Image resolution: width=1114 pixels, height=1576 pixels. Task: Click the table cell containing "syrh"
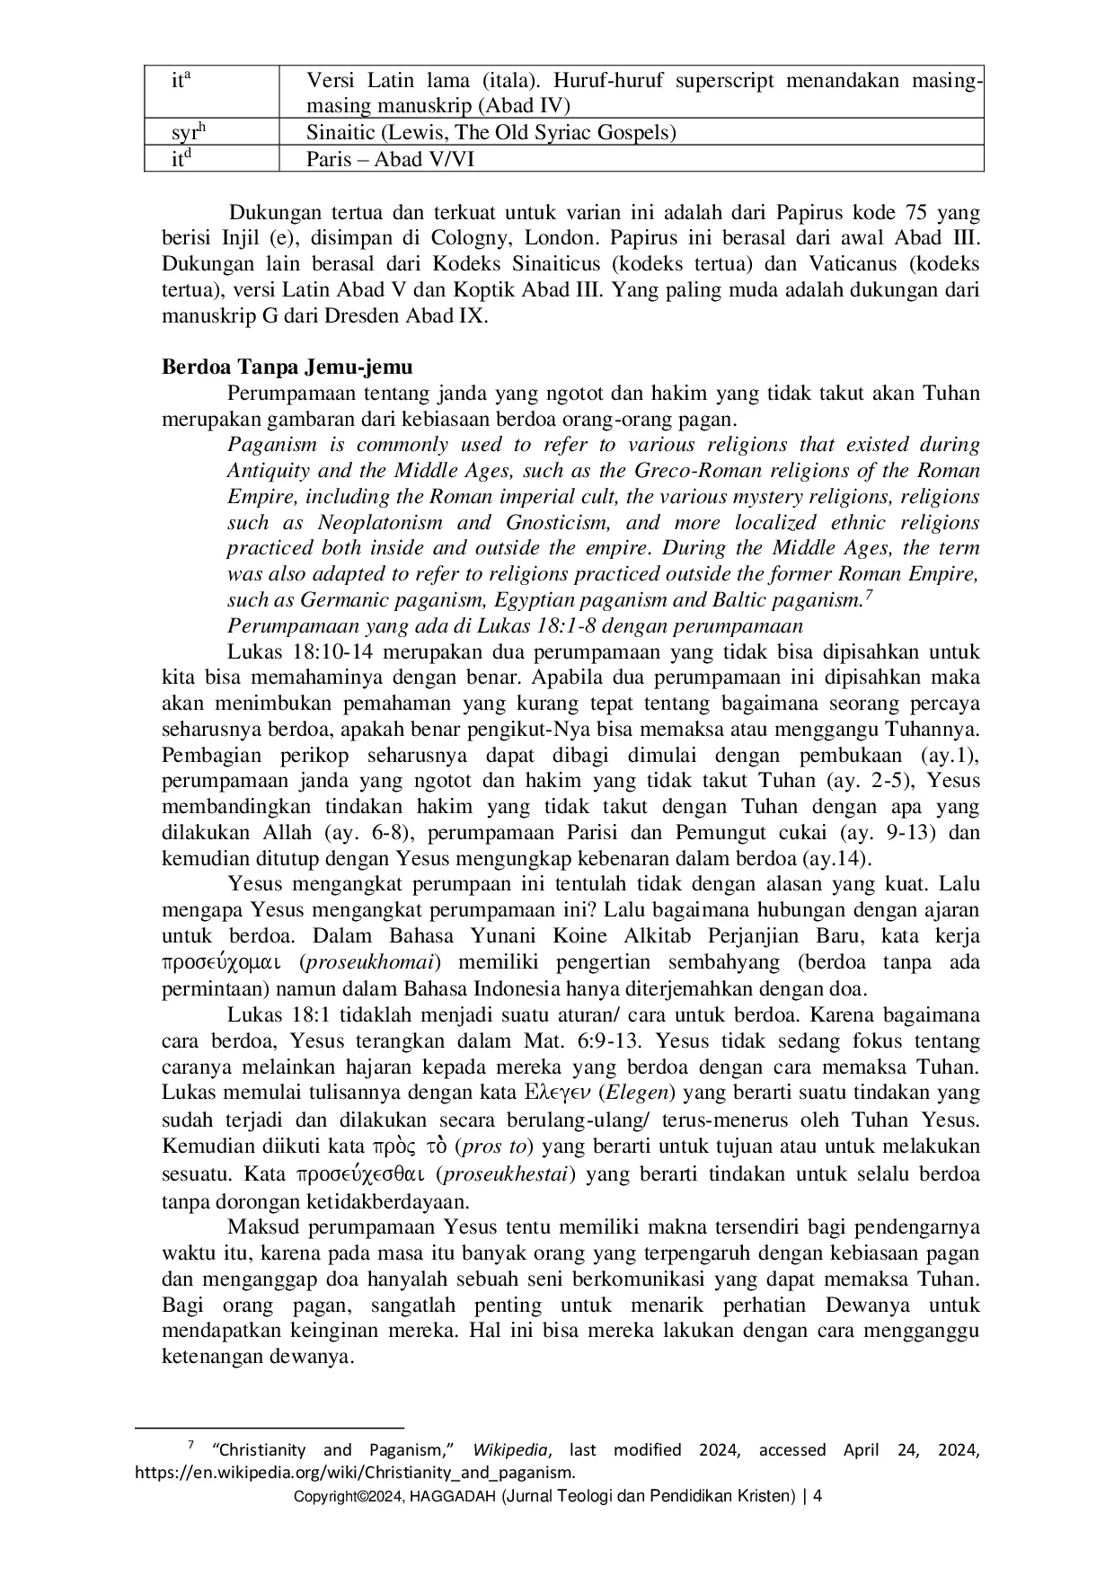click(x=190, y=133)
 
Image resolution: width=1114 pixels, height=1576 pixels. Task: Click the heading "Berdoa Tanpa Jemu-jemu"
click(x=287, y=367)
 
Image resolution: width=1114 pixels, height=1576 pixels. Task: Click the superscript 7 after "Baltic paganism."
click(x=869, y=594)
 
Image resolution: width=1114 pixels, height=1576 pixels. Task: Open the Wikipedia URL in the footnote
click(x=354, y=1473)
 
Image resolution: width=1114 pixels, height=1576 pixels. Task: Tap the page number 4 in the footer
click(x=818, y=1496)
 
